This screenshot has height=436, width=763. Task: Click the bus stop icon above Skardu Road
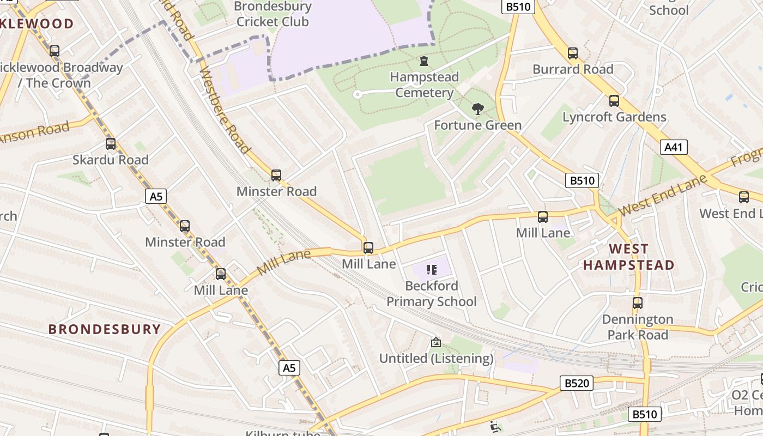111,144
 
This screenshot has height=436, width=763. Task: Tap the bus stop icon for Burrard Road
573,53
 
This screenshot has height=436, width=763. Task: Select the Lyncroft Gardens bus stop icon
614,101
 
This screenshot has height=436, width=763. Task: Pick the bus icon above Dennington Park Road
638,303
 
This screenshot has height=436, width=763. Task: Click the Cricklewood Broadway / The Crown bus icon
55,51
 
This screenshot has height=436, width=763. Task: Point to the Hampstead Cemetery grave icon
424,61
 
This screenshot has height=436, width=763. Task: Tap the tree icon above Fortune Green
478,109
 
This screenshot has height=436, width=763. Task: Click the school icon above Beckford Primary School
432,269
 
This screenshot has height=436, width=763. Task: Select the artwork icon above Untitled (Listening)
436,342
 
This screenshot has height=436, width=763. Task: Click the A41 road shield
674,147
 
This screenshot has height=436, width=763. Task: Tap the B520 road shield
576,383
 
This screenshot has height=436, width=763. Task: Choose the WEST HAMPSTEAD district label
629,257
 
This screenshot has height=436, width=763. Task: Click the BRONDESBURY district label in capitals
105,329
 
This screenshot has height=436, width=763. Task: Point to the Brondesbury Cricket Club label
272,15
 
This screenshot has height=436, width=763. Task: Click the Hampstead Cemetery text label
424,84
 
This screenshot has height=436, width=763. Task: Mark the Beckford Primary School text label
432,294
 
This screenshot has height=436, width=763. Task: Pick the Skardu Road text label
111,160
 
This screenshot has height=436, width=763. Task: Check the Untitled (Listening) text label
436,358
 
